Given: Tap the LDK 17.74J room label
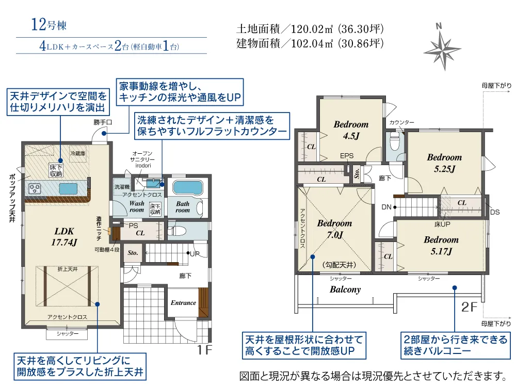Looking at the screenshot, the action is click(x=64, y=237).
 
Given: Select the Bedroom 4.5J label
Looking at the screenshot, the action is click(x=351, y=130).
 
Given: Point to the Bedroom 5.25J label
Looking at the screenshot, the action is click(x=444, y=163).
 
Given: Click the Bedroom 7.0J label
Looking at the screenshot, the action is click(x=334, y=229).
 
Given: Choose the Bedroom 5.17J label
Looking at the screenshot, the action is click(x=441, y=246).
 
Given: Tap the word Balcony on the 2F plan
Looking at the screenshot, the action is click(x=345, y=289).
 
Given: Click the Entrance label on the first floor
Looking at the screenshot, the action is click(x=183, y=303).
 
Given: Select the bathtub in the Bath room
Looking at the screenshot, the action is click(x=187, y=188).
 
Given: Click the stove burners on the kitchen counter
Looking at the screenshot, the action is click(x=35, y=188).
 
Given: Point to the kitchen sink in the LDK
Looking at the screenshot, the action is click(x=68, y=188).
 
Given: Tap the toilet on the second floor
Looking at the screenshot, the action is click(x=394, y=142).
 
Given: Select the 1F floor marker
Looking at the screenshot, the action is click(x=204, y=350).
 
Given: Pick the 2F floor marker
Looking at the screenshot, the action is click(x=469, y=307).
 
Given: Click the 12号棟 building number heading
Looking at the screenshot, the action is click(x=49, y=25).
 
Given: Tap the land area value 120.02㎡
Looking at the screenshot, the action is click(x=312, y=29).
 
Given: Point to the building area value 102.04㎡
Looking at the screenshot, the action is click(x=312, y=43).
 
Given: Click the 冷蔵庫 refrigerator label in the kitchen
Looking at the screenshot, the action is click(x=78, y=153).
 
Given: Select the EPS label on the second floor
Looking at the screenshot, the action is click(x=347, y=156).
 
